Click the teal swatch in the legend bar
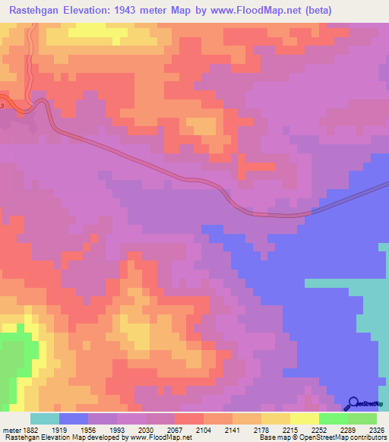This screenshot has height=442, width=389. [x=45, y=418]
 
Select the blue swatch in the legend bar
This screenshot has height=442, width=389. [x=74, y=418]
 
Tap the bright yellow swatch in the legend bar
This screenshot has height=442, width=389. [x=305, y=418]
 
